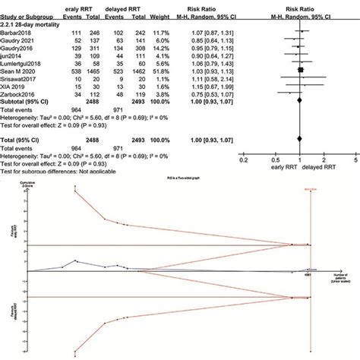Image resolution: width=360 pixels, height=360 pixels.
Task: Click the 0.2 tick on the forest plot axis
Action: click(x=242, y=161)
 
